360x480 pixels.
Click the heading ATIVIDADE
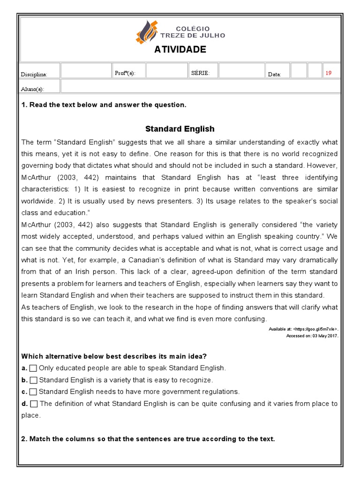pos(180,50)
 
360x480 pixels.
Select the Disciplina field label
pos(34,75)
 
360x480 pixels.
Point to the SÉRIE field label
pos(201,73)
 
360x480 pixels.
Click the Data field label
pos(274,75)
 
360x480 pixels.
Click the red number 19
pos(328,73)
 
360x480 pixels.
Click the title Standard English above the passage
pos(180,128)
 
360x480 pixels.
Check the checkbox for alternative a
pos(33,368)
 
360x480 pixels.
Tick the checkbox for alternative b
pos(33,380)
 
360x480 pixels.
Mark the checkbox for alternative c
pos(33,391)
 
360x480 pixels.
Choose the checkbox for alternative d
pos(34,404)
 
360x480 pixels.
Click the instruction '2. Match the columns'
pos(148,439)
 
